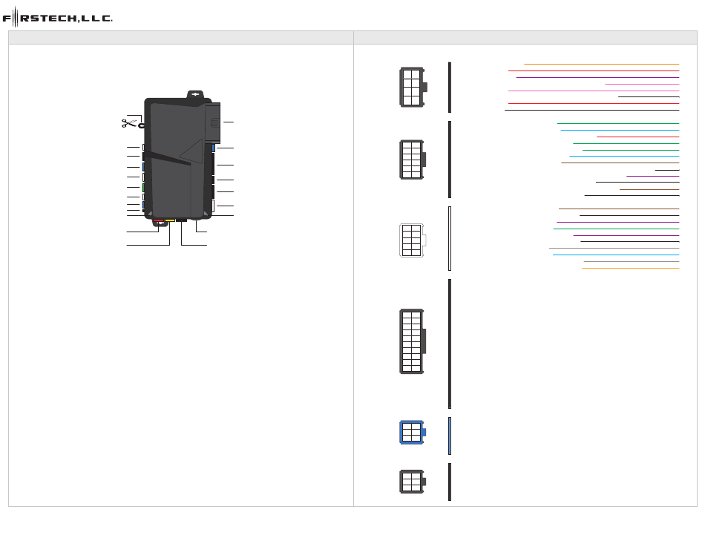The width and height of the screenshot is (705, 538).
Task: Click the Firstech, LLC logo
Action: pos(58,18)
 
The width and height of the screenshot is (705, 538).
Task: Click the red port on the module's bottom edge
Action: pos(159,220)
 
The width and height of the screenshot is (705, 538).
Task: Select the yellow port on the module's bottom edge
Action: pos(170,220)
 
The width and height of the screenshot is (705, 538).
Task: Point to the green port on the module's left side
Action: pos(143,188)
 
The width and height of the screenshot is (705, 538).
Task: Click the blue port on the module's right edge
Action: pos(214,148)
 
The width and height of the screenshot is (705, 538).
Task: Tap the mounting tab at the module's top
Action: pos(194,95)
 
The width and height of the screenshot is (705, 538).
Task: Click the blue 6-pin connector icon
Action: pos(413,432)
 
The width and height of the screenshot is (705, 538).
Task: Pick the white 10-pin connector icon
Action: pos(410,240)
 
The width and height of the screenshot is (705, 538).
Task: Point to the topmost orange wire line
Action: pos(601,64)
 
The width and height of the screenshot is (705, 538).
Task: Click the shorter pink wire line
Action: pos(642,84)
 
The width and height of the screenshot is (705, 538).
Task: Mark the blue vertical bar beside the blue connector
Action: pos(450,436)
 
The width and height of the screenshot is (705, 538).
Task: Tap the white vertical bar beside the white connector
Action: pos(450,238)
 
